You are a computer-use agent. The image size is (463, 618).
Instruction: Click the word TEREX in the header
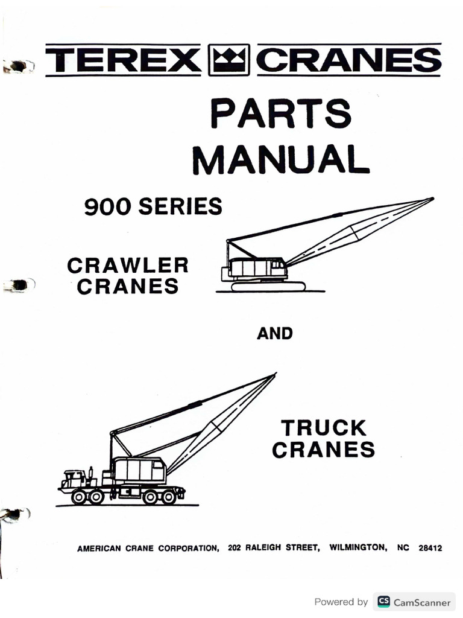[122, 60]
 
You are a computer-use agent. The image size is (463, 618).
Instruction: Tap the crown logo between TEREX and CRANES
[228, 60]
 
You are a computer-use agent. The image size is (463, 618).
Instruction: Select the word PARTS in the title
[280, 113]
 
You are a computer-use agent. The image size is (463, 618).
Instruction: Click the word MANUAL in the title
[281, 158]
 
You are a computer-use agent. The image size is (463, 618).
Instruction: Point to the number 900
[109, 207]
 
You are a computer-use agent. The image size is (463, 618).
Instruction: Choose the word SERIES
[180, 207]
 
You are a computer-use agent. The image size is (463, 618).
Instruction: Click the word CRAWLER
[127, 265]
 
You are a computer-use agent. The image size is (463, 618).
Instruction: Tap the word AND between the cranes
[275, 333]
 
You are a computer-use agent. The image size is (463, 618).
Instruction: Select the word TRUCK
[324, 428]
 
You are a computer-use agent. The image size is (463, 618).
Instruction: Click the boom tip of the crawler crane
[430, 199]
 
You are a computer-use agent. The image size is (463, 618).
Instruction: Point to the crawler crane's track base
[268, 286]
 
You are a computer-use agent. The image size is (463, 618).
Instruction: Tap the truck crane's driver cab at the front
[74, 478]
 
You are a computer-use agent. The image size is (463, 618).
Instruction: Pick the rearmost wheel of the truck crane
[169, 497]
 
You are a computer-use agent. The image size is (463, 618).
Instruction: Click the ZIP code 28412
[430, 548]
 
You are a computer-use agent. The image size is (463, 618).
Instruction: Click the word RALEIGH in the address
[266, 548]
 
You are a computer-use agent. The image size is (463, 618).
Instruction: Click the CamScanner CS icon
[383, 602]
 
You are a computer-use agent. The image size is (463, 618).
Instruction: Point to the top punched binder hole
[18, 66]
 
